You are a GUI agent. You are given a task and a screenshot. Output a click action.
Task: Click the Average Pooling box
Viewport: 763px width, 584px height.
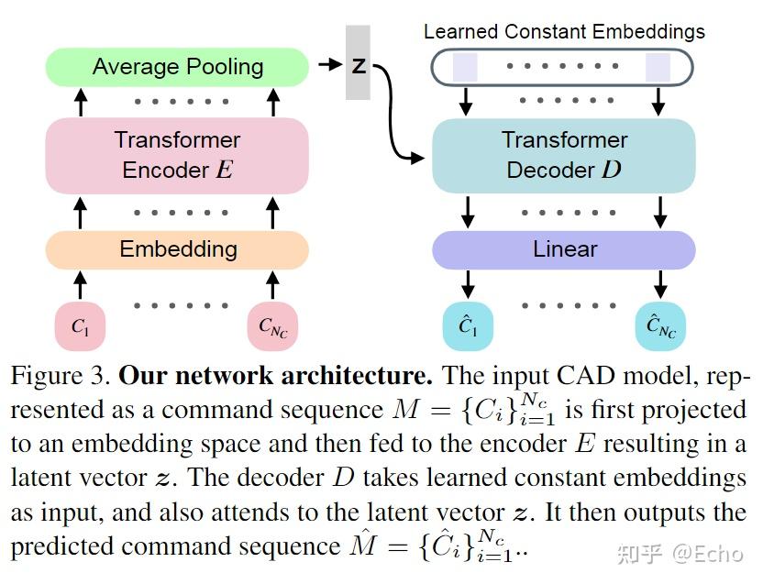click(177, 67)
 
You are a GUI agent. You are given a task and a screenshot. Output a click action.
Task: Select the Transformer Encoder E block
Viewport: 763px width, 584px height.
click(177, 155)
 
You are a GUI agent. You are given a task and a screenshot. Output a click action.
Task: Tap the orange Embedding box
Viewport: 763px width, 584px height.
click(177, 249)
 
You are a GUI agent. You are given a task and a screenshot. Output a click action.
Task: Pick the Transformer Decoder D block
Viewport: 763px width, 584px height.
click(563, 155)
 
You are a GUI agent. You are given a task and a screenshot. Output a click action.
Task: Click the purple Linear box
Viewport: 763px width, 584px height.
click(563, 249)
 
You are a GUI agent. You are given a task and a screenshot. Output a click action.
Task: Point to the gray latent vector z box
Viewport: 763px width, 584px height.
click(359, 62)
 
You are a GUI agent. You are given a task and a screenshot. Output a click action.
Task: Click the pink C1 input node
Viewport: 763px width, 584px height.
click(81, 325)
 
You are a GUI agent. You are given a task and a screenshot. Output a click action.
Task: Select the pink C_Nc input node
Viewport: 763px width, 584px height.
click(272, 325)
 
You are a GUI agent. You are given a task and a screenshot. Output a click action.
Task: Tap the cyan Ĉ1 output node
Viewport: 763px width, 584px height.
click(468, 325)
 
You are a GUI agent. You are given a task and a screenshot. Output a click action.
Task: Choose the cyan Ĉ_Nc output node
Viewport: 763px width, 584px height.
click(660, 325)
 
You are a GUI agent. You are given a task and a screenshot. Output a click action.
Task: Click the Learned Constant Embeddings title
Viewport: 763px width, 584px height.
click(564, 32)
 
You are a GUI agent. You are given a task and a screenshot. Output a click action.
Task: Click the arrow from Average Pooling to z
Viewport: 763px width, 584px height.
click(330, 64)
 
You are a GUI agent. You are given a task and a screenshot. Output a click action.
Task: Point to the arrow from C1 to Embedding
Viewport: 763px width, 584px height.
click(81, 285)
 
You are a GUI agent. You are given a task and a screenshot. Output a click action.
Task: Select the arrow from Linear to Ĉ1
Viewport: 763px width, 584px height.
click(468, 284)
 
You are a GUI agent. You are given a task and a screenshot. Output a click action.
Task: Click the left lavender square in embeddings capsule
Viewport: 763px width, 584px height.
click(465, 67)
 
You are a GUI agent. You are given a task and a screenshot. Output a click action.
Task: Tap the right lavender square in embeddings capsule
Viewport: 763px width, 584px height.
click(658, 67)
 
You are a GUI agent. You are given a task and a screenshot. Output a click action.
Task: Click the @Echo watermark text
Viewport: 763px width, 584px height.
click(708, 554)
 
